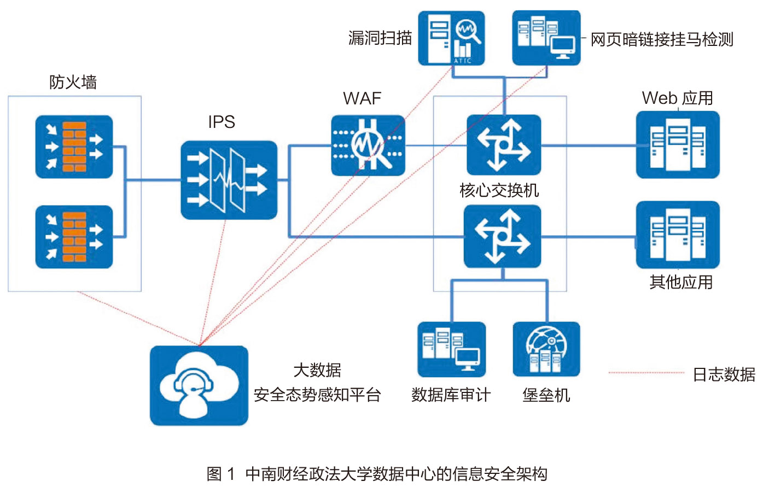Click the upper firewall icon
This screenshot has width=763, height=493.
(74, 146)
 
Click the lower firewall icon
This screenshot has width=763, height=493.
(74, 237)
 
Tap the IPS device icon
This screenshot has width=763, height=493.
(229, 180)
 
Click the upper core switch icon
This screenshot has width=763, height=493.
(504, 145)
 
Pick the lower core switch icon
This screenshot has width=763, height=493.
(502, 236)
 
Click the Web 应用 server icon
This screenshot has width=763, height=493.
(678, 145)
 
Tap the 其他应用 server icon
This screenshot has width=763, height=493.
(678, 235)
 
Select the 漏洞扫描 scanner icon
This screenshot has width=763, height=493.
(451, 38)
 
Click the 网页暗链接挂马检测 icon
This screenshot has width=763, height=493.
(546, 38)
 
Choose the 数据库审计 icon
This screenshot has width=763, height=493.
(451, 349)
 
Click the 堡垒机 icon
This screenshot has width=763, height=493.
(546, 349)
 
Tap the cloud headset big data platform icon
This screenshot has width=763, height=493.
(199, 385)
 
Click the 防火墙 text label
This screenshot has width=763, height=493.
(73, 83)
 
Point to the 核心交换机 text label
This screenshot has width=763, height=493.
(499, 190)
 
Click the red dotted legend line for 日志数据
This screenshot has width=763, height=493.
(646, 373)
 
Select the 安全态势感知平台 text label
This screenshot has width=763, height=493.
(317, 395)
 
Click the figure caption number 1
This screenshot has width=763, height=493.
(231, 473)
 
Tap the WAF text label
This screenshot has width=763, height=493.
(362, 98)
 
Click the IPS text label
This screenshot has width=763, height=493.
(222, 122)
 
